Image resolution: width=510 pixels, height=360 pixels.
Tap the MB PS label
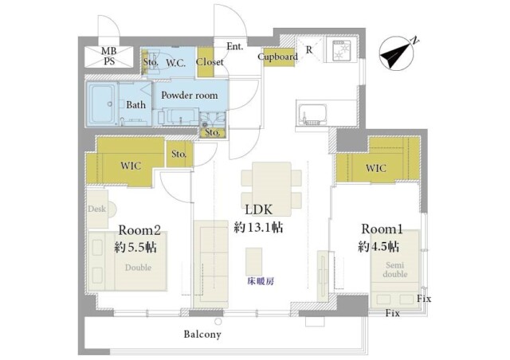pos(107,57)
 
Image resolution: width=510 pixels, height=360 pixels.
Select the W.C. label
pos(175,63)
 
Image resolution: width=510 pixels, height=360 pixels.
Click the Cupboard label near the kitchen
pos(278,57)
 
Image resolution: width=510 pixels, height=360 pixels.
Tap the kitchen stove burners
pos(340,53)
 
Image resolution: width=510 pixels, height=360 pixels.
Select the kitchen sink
pos(310,112)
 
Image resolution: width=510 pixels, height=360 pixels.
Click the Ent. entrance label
pos(235,46)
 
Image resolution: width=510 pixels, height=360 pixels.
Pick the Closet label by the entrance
pos(210,62)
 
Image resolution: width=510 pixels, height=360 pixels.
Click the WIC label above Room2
pos(131,166)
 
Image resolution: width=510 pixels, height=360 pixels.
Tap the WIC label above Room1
pos(375,168)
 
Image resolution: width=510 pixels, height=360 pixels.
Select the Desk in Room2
pos(96,209)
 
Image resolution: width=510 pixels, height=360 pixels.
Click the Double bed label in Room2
pos(137,268)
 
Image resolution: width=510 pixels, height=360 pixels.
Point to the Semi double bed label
pos(394,270)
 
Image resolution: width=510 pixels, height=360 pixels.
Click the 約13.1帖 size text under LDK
pos(259,228)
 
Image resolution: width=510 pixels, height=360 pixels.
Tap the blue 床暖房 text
pos(260,281)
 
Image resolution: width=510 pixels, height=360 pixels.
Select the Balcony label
pos(202,335)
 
